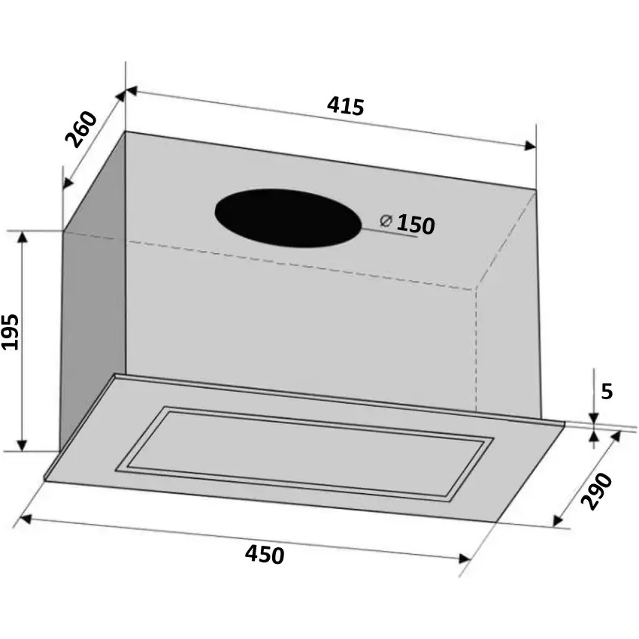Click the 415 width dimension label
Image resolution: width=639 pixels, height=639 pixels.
click(345, 106)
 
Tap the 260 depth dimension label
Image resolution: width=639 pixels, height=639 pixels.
click(81, 129)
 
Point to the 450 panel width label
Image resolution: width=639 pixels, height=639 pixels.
click(265, 555)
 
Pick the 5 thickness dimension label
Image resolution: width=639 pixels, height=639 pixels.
click(607, 392)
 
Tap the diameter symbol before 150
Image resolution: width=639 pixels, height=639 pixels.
click(386, 220)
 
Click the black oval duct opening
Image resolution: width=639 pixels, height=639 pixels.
click(288, 218)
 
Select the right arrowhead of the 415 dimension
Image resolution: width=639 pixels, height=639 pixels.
click(530, 146)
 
